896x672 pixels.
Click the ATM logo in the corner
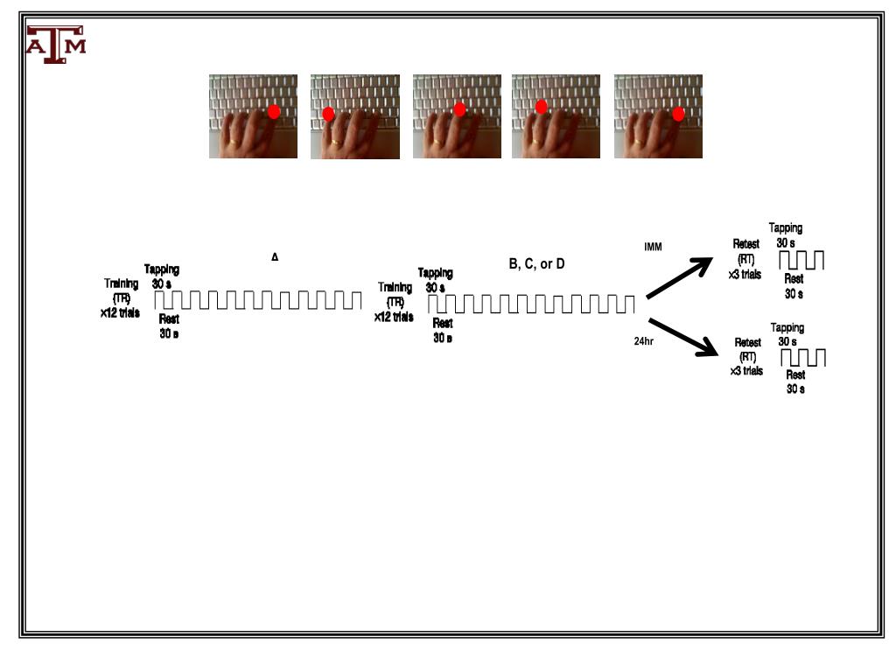pos(56,44)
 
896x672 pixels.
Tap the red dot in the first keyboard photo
pos(274,111)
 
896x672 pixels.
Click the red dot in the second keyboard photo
pos(329,114)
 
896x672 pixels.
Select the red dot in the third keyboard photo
pos(459,109)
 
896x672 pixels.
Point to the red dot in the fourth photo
pos(541,107)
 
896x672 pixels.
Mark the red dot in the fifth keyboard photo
pos(678,114)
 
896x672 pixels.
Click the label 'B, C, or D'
pos(536,264)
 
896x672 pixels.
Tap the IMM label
pos(653,247)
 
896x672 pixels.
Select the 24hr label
pos(644,341)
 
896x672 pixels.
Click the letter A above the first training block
pos(275,257)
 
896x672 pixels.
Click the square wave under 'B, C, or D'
pos(531,304)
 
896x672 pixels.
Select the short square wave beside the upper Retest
pos(801,260)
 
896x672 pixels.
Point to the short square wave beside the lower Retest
pos(803,357)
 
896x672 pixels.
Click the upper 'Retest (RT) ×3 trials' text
pos(746,259)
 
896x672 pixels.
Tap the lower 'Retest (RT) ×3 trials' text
pos(746,357)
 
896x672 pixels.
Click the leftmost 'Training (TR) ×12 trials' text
pos(121,298)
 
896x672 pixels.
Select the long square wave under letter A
pos(258,299)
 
